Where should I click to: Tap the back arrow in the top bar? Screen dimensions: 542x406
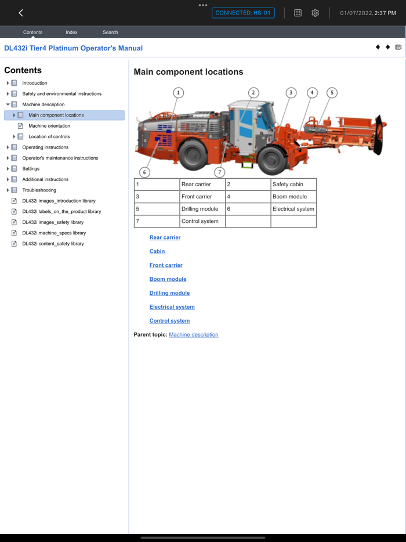click(x=21, y=13)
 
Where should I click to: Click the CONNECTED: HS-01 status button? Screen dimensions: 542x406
click(x=243, y=13)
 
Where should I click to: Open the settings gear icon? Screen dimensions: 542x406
click(x=315, y=13)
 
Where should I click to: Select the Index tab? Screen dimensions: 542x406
click(x=71, y=32)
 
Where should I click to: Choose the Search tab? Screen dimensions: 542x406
click(x=110, y=32)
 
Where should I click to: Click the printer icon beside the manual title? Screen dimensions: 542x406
click(x=398, y=48)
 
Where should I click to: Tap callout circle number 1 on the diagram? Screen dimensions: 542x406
click(x=179, y=93)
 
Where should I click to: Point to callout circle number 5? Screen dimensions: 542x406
click(x=332, y=93)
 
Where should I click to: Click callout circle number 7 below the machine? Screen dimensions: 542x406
click(x=219, y=172)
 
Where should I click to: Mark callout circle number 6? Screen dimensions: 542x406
click(x=144, y=172)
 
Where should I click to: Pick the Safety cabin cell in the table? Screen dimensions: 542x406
click(x=293, y=185)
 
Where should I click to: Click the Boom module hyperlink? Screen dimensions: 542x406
click(x=168, y=279)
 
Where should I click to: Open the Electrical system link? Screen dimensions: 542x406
click(x=172, y=307)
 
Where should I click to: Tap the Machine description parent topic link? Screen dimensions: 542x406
click(x=193, y=335)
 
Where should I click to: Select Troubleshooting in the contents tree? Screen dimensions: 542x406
click(x=39, y=190)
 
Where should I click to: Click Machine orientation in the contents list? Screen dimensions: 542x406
click(x=49, y=126)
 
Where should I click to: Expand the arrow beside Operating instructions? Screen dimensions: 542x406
click(x=8, y=147)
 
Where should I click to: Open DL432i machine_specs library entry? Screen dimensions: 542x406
click(x=54, y=233)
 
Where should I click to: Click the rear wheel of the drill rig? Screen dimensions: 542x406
click(x=193, y=155)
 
